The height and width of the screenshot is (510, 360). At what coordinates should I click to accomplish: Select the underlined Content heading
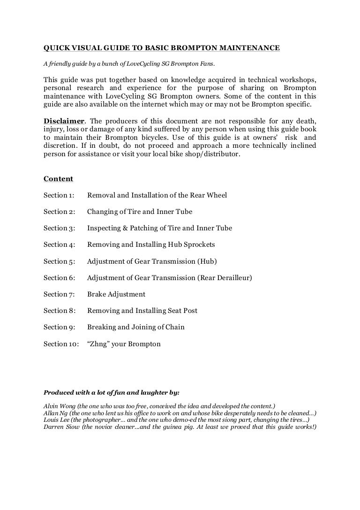tap(58, 179)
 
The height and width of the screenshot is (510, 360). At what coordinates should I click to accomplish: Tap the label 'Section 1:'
tap(59, 195)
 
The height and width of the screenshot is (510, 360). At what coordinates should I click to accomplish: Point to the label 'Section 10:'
tap(61, 344)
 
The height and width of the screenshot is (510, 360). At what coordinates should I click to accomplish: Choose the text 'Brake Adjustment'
tap(116, 294)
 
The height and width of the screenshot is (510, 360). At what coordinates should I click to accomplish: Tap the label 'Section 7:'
tap(59, 294)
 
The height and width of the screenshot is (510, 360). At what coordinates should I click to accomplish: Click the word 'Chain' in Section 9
tap(174, 327)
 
